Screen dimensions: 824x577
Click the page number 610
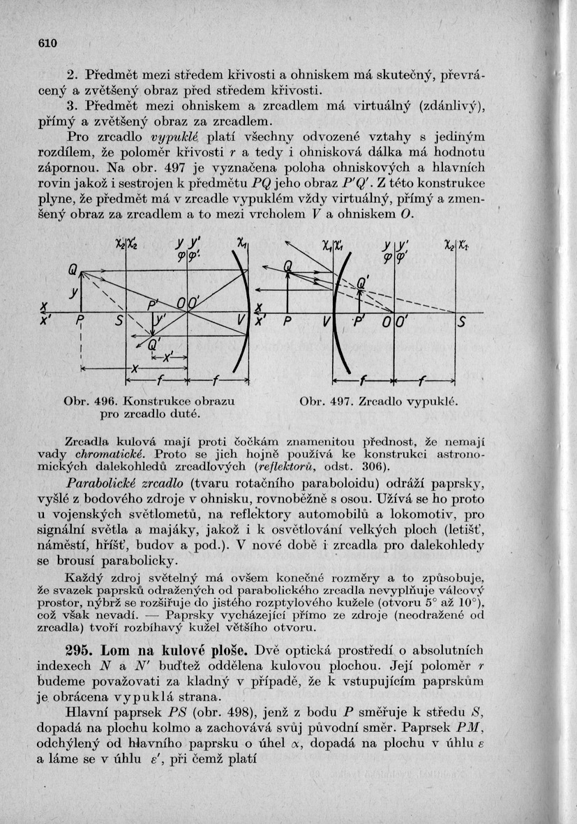click(46, 43)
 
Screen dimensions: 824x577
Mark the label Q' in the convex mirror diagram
click(362, 282)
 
